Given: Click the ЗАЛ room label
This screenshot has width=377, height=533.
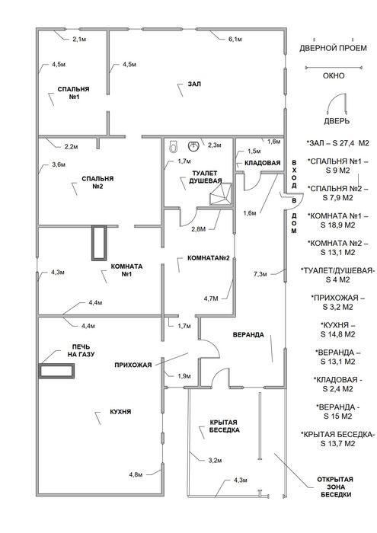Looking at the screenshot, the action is [194, 84].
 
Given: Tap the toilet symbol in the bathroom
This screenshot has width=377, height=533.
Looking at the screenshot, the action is [174, 146].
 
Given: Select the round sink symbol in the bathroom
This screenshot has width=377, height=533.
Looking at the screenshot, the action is [193, 146].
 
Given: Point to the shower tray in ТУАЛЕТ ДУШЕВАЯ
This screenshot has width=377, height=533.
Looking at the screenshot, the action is [221, 193].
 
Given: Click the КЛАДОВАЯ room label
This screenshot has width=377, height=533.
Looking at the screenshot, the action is [263, 163].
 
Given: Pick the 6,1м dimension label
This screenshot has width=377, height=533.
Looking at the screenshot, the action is [235, 40].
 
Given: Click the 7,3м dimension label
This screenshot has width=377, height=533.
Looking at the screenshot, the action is [260, 273].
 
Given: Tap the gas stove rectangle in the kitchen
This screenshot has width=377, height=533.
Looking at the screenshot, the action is [57, 371].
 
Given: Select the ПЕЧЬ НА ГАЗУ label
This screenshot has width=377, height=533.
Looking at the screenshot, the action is [81, 350].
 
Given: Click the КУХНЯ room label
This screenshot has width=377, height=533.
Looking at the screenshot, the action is [120, 412].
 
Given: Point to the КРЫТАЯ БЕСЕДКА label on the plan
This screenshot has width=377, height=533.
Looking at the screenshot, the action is [225, 426].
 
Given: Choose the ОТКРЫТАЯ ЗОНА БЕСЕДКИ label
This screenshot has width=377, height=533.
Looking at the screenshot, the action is [335, 487].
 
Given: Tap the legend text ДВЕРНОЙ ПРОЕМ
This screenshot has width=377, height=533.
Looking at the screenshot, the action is [333, 48].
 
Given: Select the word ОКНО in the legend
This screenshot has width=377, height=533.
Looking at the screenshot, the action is [334, 75].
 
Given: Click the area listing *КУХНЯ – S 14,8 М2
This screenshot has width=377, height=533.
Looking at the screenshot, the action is [337, 330].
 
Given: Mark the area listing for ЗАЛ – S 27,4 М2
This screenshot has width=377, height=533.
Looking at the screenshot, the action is [337, 143].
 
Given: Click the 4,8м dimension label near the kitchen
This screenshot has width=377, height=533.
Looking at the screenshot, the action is [136, 474].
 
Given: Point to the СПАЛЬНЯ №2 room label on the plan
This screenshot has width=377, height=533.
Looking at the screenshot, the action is [97, 183].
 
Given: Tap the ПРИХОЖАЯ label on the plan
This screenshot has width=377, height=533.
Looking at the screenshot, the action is [133, 365].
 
